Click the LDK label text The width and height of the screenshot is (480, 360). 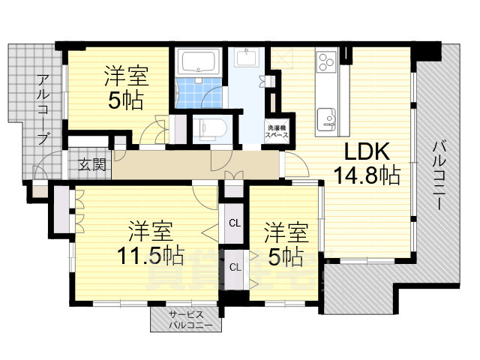click(x=367, y=151)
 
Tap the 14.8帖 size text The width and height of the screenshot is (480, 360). click(x=367, y=175)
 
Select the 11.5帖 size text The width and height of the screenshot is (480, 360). click(x=151, y=255)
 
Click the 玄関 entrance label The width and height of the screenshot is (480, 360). click(x=91, y=165)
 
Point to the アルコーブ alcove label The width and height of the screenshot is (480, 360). click(x=43, y=109)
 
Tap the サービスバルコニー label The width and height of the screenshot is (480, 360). click(x=187, y=319)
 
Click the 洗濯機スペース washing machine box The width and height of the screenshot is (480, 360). click(x=277, y=131)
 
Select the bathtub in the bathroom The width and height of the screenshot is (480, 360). click(x=199, y=62)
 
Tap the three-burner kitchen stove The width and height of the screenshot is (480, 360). click(x=326, y=61)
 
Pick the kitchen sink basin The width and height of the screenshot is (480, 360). click(x=326, y=118)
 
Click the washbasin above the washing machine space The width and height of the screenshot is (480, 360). click(x=247, y=58)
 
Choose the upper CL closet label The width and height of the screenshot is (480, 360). click(x=235, y=223)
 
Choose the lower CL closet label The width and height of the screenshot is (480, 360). click(x=235, y=268)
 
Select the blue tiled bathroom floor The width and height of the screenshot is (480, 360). click(x=198, y=93)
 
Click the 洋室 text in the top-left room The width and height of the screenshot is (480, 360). click(x=127, y=76)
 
